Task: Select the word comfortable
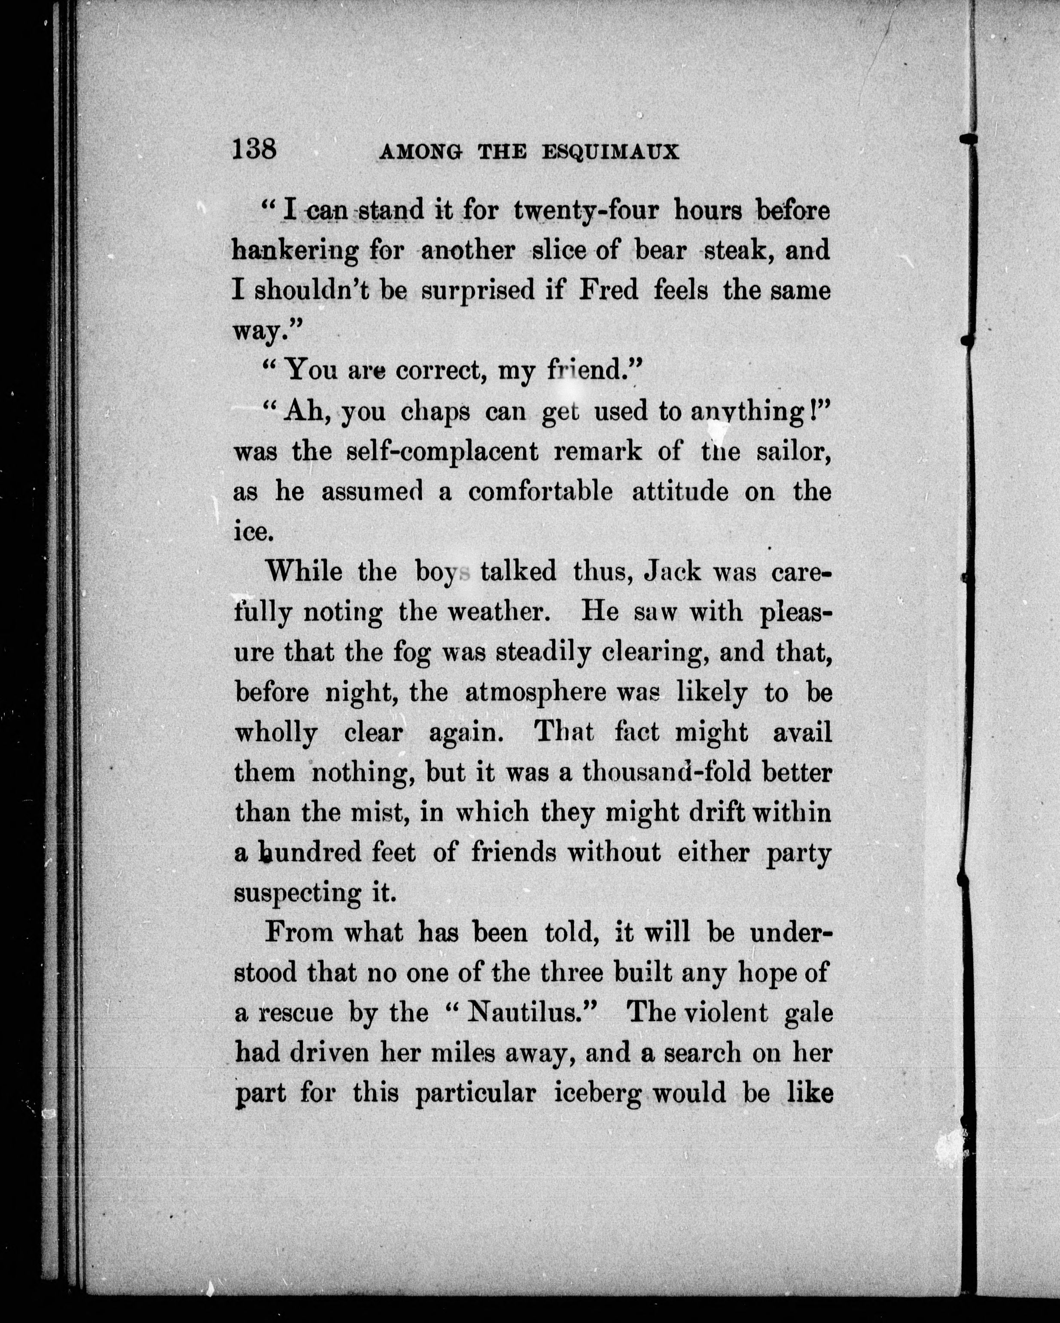(540, 492)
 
